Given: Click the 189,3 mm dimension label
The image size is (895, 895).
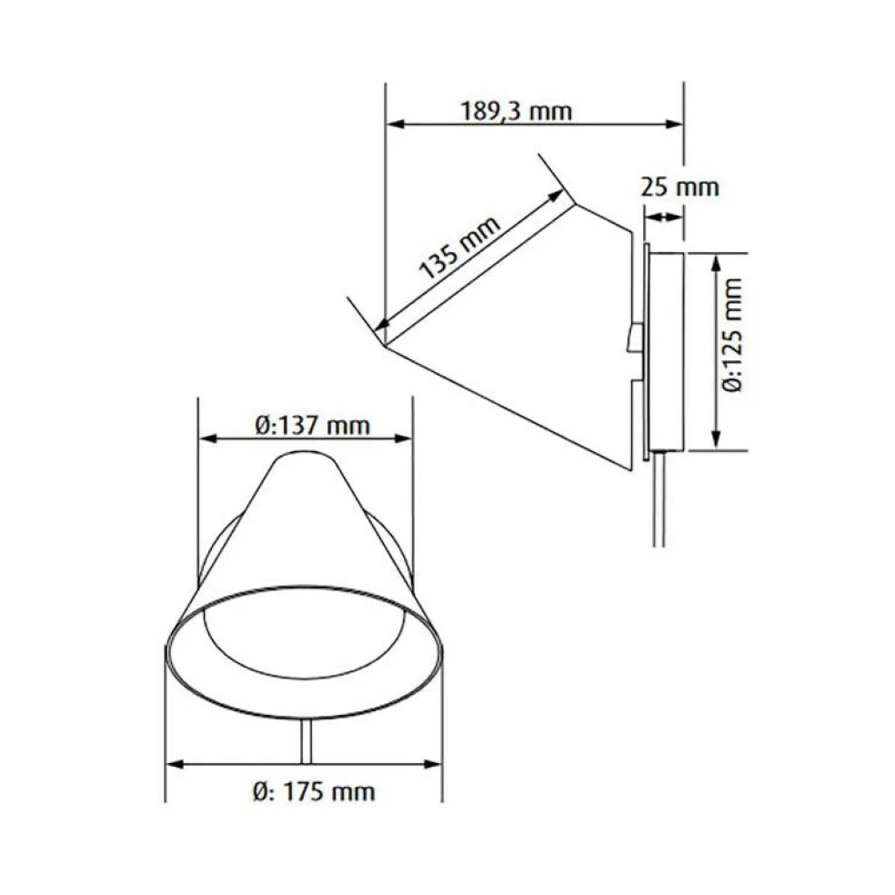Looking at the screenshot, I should tap(516, 111).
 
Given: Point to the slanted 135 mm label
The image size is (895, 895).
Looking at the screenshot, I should tap(461, 248).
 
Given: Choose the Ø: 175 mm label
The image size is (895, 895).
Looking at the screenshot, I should tap(314, 791).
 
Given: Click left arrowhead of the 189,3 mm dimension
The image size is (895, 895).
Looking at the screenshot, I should tap(394, 125).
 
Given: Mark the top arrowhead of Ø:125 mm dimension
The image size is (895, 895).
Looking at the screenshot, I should tap(719, 261).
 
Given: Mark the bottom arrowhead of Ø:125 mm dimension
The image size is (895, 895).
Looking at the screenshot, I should tap(719, 441).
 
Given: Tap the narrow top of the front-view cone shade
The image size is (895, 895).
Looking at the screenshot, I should tap(304, 460).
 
